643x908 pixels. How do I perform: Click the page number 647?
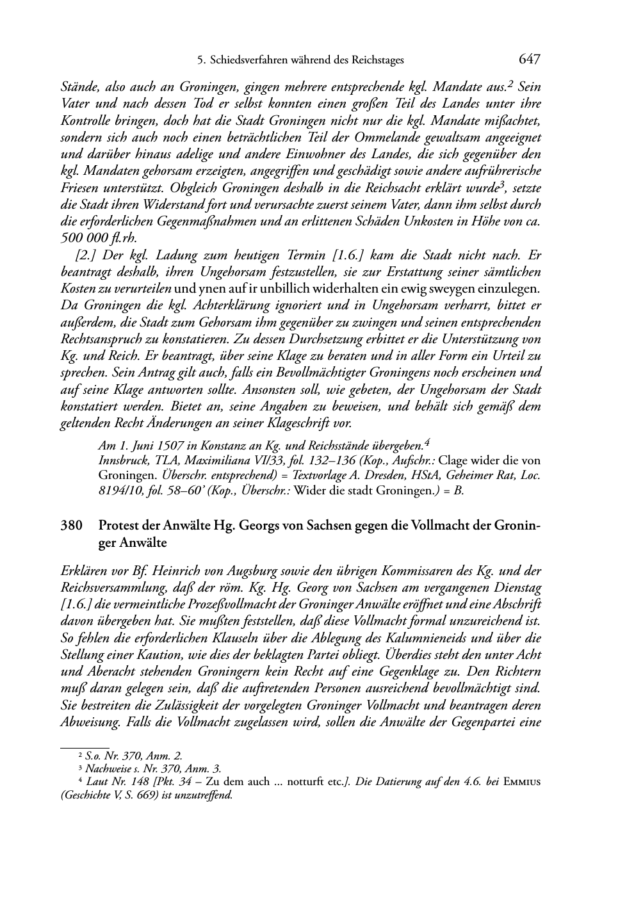tap(530, 60)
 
